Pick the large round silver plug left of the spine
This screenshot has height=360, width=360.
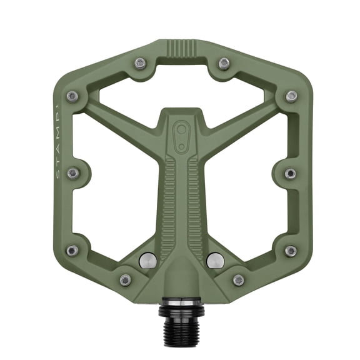click(147, 259)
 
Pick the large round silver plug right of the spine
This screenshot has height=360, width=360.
click(214, 259)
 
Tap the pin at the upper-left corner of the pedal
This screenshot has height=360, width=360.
click(72, 96)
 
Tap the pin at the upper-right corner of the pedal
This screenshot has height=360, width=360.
click(291, 96)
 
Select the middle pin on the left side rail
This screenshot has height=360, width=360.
click(73, 173)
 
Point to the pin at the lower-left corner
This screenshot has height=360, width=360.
click(72, 250)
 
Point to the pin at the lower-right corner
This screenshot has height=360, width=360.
click(291, 250)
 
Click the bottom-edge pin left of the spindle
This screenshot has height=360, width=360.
click(126, 279)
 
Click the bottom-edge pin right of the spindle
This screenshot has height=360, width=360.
click(238, 279)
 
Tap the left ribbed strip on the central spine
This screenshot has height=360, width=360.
click(167, 206)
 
